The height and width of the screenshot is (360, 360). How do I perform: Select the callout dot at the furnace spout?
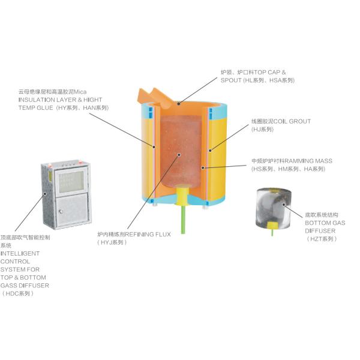(x=177, y=103)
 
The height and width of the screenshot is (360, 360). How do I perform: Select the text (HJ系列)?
(x=263, y=129)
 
